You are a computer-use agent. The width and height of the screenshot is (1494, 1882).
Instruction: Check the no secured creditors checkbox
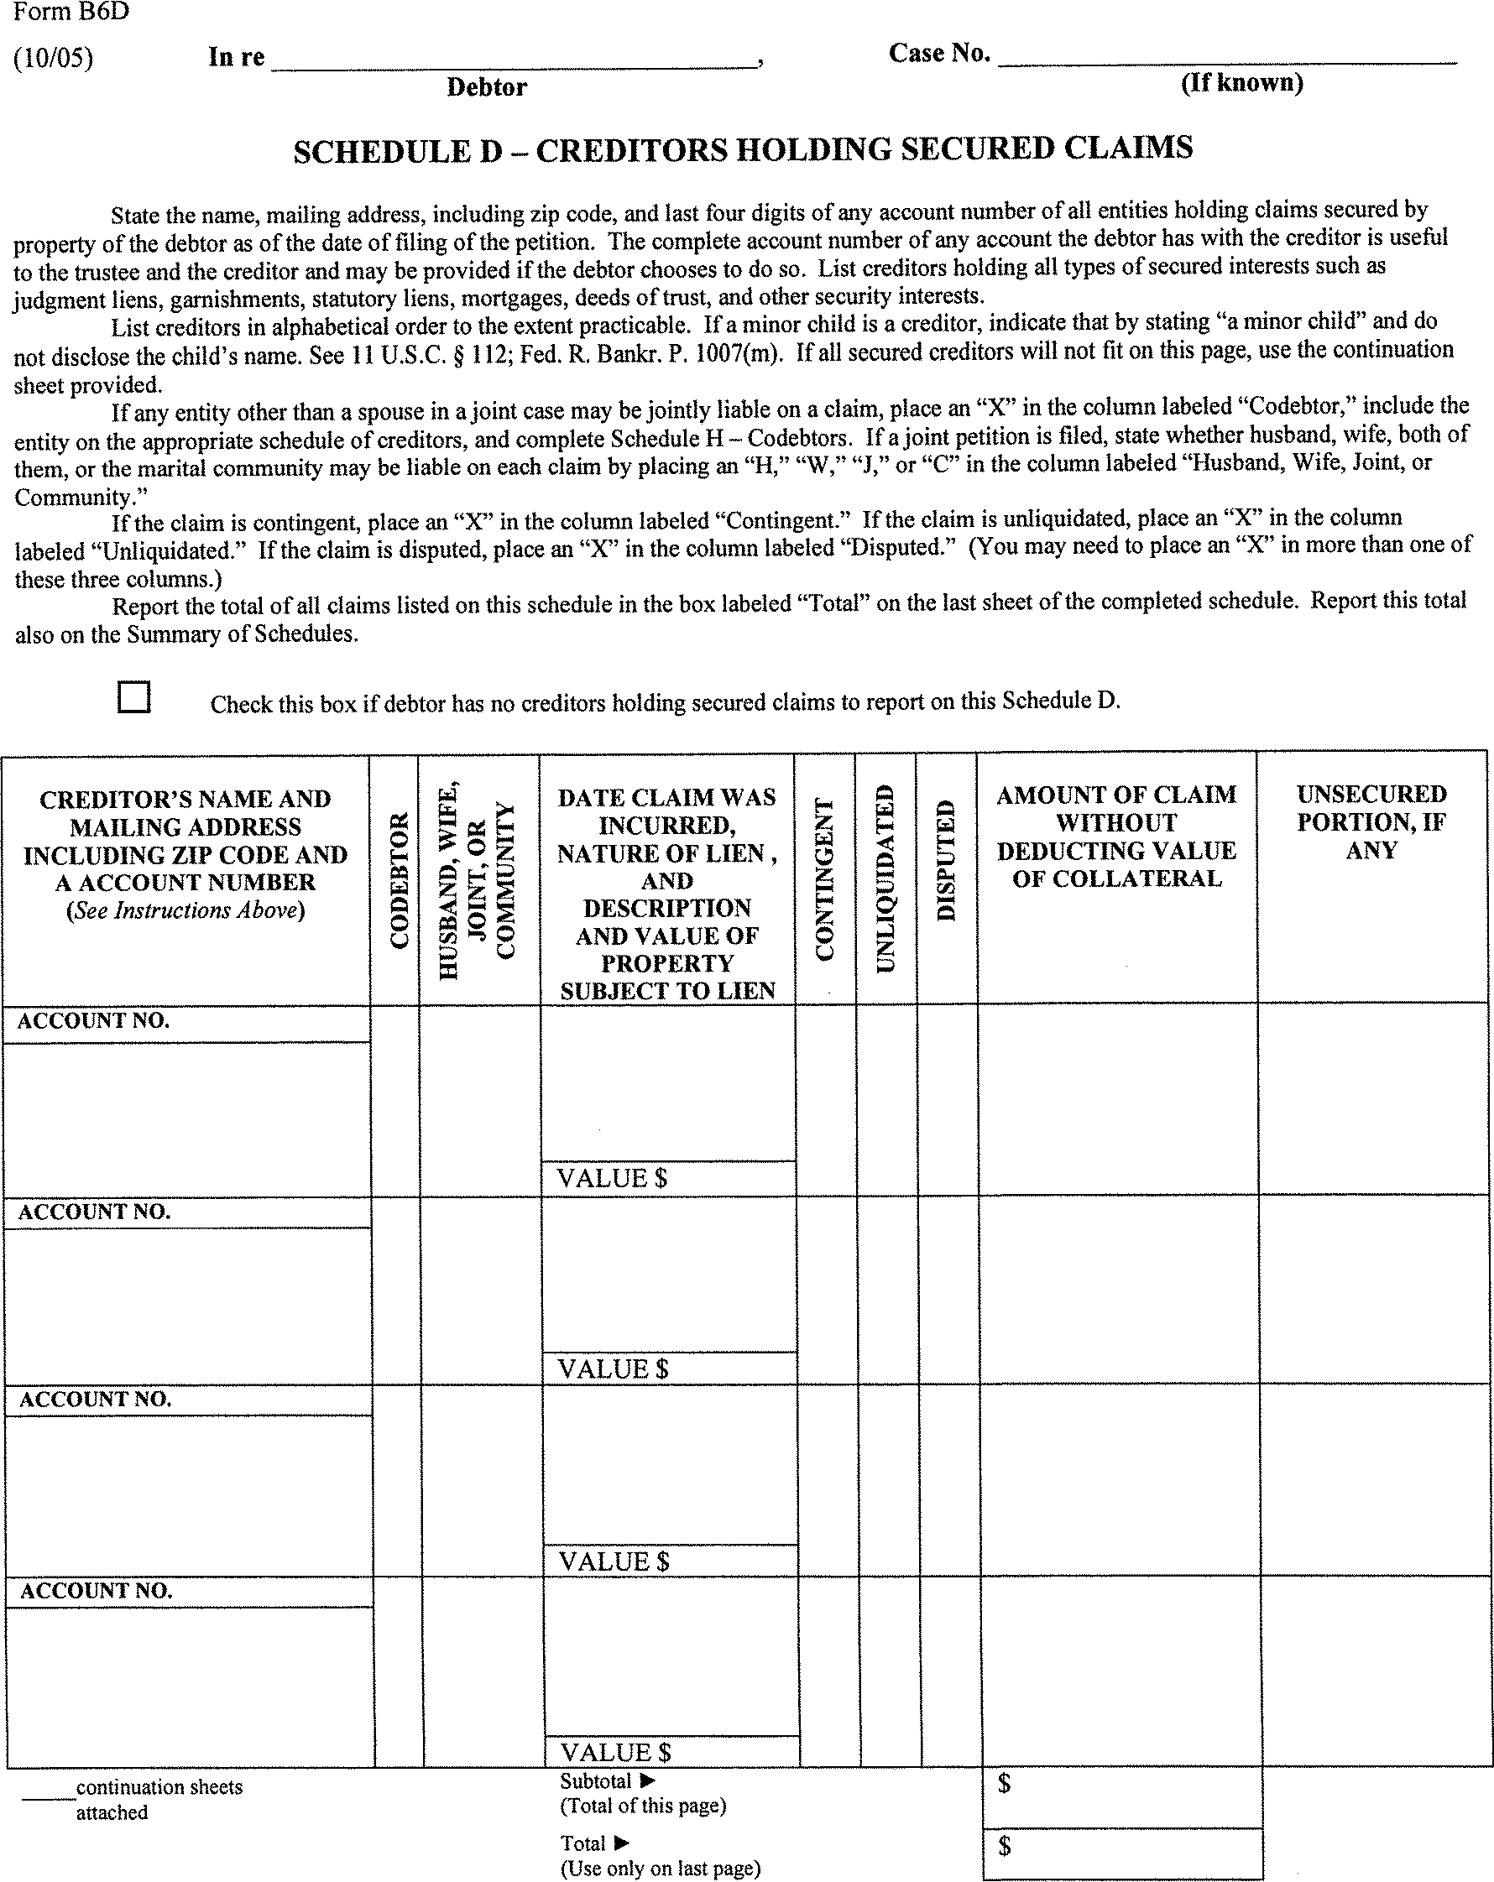(133, 697)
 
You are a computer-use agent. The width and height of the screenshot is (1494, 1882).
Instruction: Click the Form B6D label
(71, 13)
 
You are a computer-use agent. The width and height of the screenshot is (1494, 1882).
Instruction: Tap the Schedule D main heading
(743, 149)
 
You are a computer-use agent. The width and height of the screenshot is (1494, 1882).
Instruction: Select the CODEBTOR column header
(399, 880)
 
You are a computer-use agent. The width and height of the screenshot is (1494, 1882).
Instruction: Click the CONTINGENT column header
(824, 879)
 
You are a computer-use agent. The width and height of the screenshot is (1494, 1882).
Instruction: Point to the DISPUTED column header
(947, 861)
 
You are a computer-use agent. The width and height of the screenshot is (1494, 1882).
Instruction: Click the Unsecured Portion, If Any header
(1371, 821)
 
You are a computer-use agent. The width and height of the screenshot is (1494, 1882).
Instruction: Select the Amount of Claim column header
(1117, 836)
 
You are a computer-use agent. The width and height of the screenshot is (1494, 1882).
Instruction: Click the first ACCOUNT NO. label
(93, 1020)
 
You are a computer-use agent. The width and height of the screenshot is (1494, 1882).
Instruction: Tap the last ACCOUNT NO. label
(96, 1591)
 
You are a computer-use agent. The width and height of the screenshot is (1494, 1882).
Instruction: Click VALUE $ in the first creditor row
(612, 1178)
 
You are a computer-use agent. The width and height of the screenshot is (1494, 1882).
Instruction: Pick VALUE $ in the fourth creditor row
(615, 1752)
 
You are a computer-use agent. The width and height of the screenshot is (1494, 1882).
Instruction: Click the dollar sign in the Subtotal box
(1005, 1783)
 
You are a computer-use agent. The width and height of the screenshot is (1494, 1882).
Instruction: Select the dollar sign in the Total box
(1005, 1845)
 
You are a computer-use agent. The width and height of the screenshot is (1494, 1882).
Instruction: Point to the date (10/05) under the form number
(53, 59)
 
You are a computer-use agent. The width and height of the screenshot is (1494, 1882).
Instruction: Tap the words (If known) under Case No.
(1241, 83)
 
